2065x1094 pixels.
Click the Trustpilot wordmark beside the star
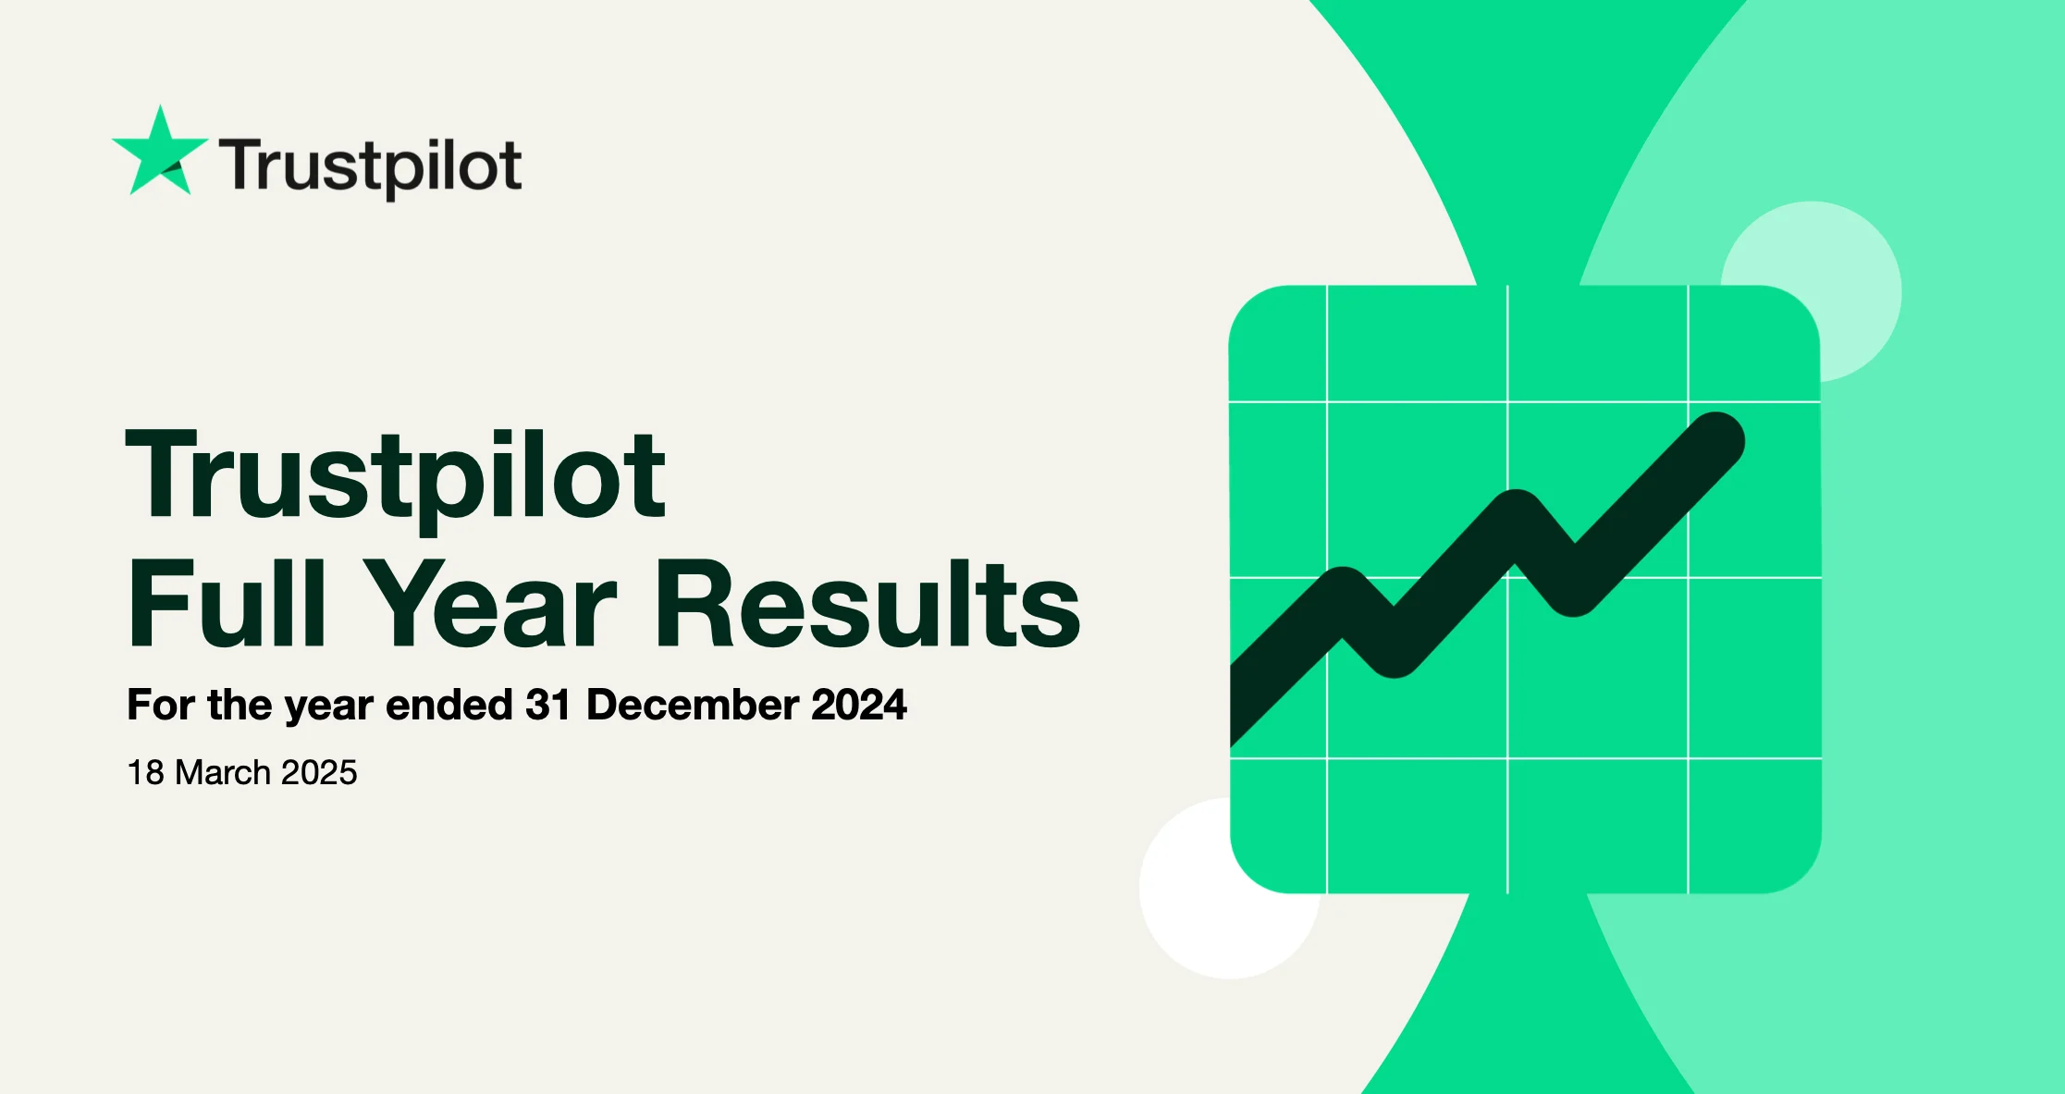(371, 167)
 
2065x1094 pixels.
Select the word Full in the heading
(227, 602)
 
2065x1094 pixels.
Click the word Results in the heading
(867, 602)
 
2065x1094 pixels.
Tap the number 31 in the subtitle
(547, 705)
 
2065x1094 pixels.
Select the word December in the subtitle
(692, 705)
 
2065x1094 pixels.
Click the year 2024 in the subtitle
(859, 705)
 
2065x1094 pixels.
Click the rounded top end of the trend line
(1717, 440)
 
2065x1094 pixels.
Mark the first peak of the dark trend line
(1343, 592)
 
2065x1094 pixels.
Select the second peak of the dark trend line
(1516, 514)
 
